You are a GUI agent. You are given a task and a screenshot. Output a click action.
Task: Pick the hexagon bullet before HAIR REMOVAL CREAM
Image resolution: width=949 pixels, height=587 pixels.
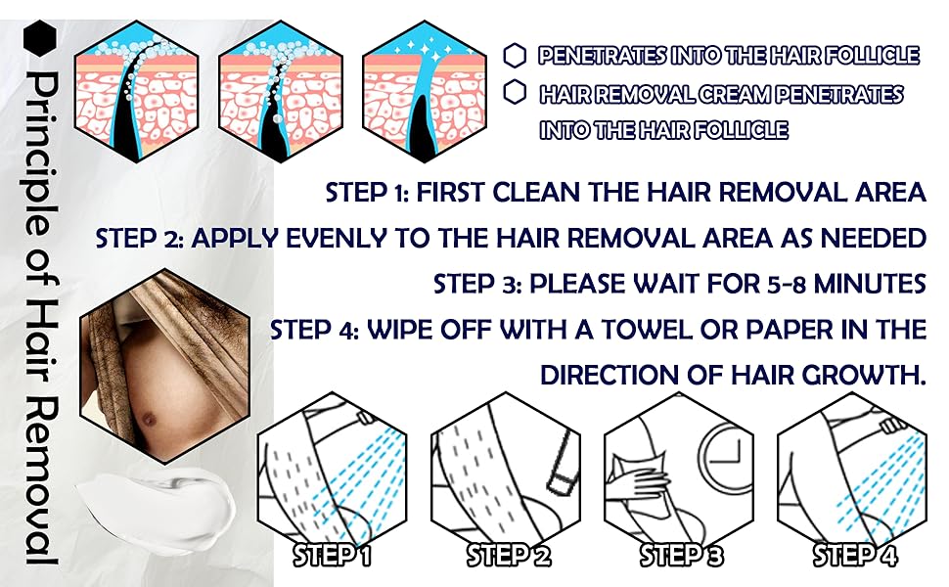pyautogui.click(x=516, y=93)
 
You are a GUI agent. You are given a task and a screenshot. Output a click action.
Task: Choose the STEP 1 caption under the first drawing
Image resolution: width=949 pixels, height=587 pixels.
pyautogui.click(x=334, y=556)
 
